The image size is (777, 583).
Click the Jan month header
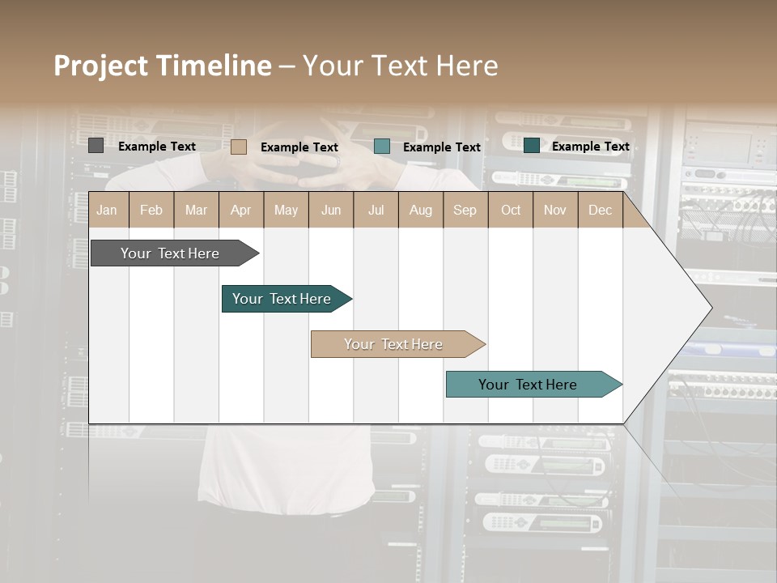pyautogui.click(x=107, y=211)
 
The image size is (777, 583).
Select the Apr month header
pyautogui.click(x=240, y=211)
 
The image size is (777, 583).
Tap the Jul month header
pyautogui.click(x=376, y=211)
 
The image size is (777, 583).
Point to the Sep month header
pyautogui.click(x=465, y=211)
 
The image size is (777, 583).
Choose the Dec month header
pyautogui.click(x=600, y=211)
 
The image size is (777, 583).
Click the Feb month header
pyautogui.click(x=151, y=211)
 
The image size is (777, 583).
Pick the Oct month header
pyautogui.click(x=511, y=211)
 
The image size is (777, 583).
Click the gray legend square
pyautogui.click(x=96, y=146)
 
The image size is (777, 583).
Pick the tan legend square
pyautogui.click(x=239, y=147)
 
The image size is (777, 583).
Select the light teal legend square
pyautogui.click(x=382, y=147)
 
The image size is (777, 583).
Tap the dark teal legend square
pyautogui.click(x=531, y=146)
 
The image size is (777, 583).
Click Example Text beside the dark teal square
pyautogui.click(x=590, y=147)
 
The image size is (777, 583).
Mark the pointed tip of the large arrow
pyautogui.click(x=711, y=308)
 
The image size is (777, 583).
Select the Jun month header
pyautogui.click(x=331, y=211)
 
